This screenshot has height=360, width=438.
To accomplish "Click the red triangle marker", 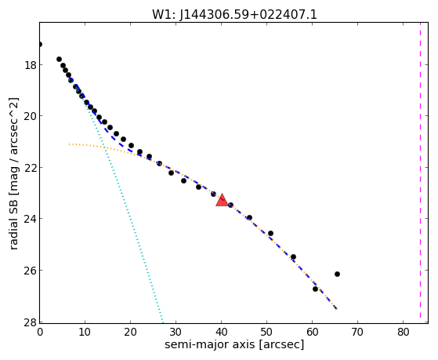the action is (222, 200).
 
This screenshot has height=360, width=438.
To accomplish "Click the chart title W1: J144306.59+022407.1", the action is (234, 15).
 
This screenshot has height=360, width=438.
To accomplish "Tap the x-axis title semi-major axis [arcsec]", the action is (234, 344).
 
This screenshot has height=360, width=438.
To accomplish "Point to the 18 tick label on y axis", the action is (30, 65).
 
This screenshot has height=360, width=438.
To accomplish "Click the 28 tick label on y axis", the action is (30, 322).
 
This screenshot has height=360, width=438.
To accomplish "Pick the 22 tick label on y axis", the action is (30, 167).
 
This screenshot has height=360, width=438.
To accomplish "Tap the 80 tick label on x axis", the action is (404, 333).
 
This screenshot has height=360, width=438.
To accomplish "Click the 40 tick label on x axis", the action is (221, 333).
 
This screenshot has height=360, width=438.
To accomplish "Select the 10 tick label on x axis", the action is (85, 333).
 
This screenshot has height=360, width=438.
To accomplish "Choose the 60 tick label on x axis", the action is (313, 333).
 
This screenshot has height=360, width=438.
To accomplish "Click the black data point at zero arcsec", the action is (40, 44).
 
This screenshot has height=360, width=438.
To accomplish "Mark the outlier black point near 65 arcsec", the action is (337, 275).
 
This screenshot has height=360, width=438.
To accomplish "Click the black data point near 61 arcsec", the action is (315, 289).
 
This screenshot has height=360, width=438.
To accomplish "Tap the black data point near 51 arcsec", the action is (270, 233).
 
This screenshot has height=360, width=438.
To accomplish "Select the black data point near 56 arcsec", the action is (293, 256).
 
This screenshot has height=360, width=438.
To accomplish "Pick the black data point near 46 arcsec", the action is (249, 217).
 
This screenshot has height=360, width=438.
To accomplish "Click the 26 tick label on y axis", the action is (30, 271).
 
